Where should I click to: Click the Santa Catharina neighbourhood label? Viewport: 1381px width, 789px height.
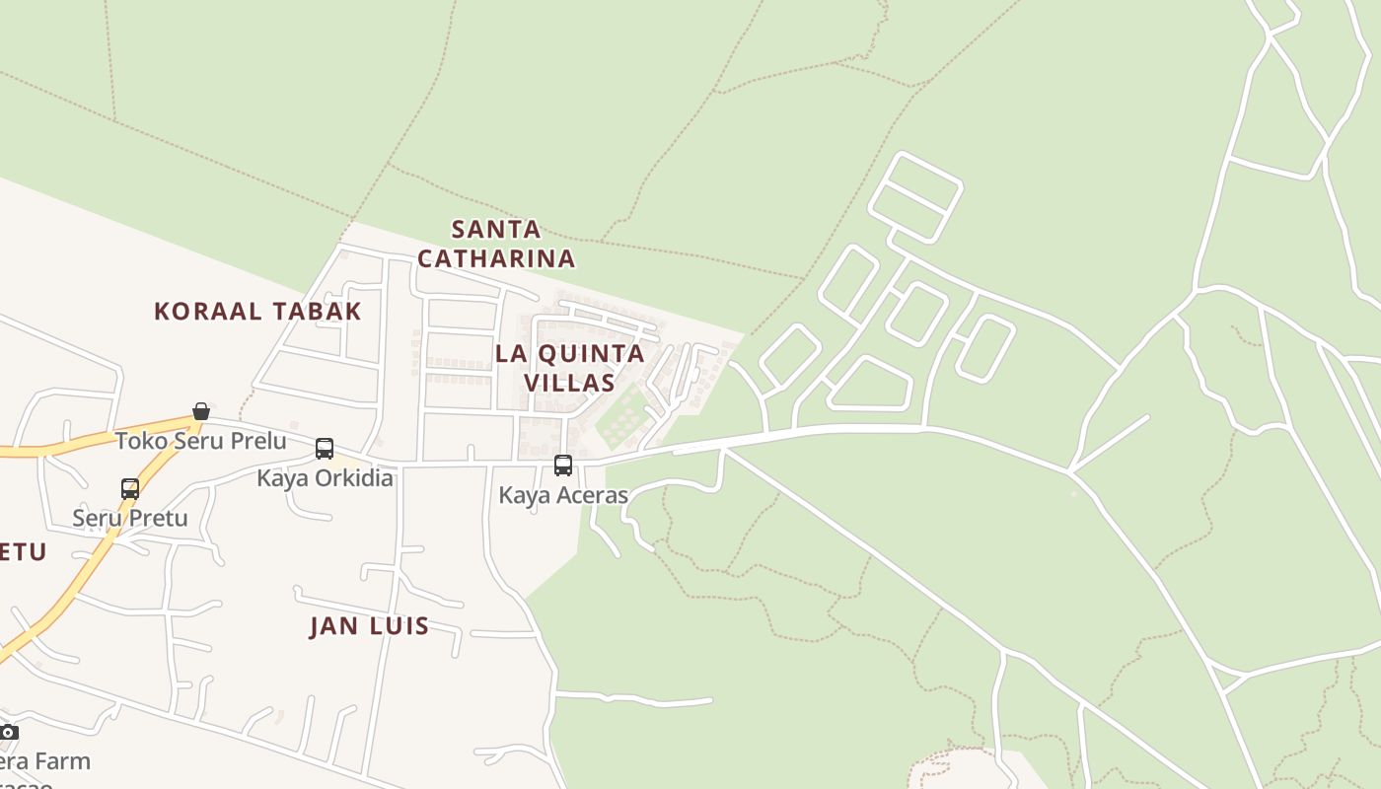pos(496,244)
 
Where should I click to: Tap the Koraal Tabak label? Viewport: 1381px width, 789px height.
pos(257,311)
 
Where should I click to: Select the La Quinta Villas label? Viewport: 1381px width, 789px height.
pos(569,367)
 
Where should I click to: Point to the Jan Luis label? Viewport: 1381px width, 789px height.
pos(369,625)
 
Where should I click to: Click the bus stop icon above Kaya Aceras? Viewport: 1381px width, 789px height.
pos(563,465)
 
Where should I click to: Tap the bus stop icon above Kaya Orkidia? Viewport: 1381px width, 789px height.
pos(325,449)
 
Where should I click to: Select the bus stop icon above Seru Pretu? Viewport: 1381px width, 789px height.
pos(130,488)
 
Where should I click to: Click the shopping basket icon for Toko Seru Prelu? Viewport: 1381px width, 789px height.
pos(201,411)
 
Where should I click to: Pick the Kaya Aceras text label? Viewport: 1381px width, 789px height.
pos(563,495)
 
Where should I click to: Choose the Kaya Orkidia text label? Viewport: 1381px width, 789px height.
pos(325,478)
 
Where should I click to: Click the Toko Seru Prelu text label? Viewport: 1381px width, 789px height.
pos(201,441)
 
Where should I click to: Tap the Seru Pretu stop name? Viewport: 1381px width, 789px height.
pos(130,518)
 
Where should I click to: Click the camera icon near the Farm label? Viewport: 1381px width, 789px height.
pos(9,732)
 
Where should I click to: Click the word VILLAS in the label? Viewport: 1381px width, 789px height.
pos(569,382)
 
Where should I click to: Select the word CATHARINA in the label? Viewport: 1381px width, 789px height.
pos(496,258)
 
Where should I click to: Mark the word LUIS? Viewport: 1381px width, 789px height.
pos(398,625)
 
